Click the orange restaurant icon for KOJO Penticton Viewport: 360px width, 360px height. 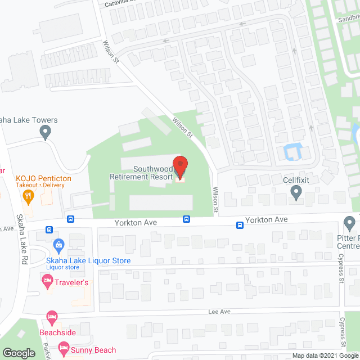(x=26, y=196)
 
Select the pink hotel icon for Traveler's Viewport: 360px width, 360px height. (x=47, y=280)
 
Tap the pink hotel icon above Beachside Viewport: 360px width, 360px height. (x=52, y=318)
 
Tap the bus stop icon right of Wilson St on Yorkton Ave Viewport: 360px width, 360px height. (x=240, y=225)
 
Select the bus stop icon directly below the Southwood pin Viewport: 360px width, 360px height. (x=185, y=219)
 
